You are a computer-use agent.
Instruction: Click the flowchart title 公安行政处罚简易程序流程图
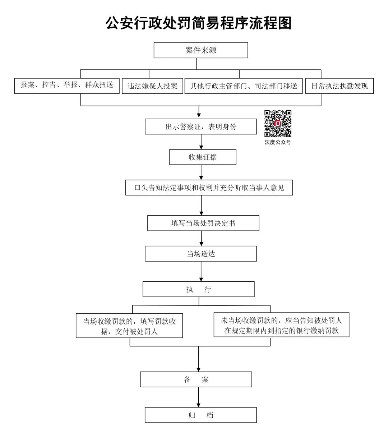click(198, 23)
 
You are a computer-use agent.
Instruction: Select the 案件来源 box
click(201, 50)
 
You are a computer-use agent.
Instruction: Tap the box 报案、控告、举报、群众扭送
click(67, 86)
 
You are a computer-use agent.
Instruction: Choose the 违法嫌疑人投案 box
click(152, 86)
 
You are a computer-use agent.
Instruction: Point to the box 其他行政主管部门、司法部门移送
click(244, 86)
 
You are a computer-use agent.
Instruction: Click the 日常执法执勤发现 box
click(339, 86)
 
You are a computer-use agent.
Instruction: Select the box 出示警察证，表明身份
click(201, 127)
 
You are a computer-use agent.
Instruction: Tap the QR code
click(278, 124)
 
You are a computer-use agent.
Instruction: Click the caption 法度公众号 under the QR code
click(278, 142)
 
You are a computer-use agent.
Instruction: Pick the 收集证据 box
click(203, 157)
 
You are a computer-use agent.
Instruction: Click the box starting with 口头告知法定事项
click(209, 188)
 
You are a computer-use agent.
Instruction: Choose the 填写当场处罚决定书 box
click(203, 223)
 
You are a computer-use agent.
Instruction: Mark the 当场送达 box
click(201, 254)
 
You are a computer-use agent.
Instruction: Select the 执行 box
click(198, 289)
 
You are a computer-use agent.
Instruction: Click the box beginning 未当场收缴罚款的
click(281, 325)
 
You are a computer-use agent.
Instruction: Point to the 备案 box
click(196, 379)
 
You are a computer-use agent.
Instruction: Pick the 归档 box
click(201, 415)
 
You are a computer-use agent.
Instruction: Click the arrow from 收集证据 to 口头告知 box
click(201, 172)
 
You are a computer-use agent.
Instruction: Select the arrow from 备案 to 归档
click(198, 397)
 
